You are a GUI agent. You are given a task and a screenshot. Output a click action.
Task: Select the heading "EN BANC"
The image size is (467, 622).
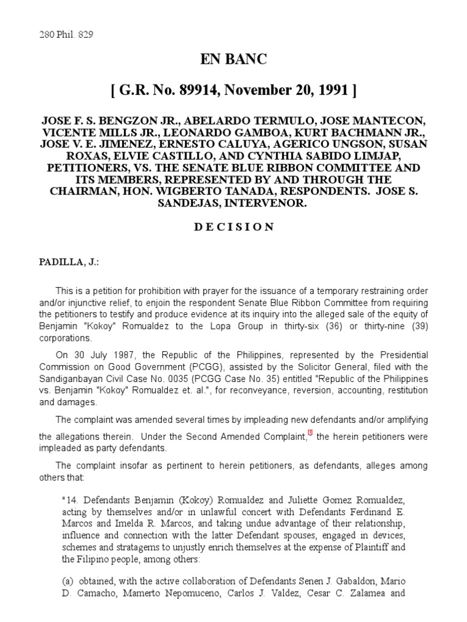233,61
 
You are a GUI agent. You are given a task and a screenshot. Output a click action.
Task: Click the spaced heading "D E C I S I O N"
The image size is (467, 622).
233,227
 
